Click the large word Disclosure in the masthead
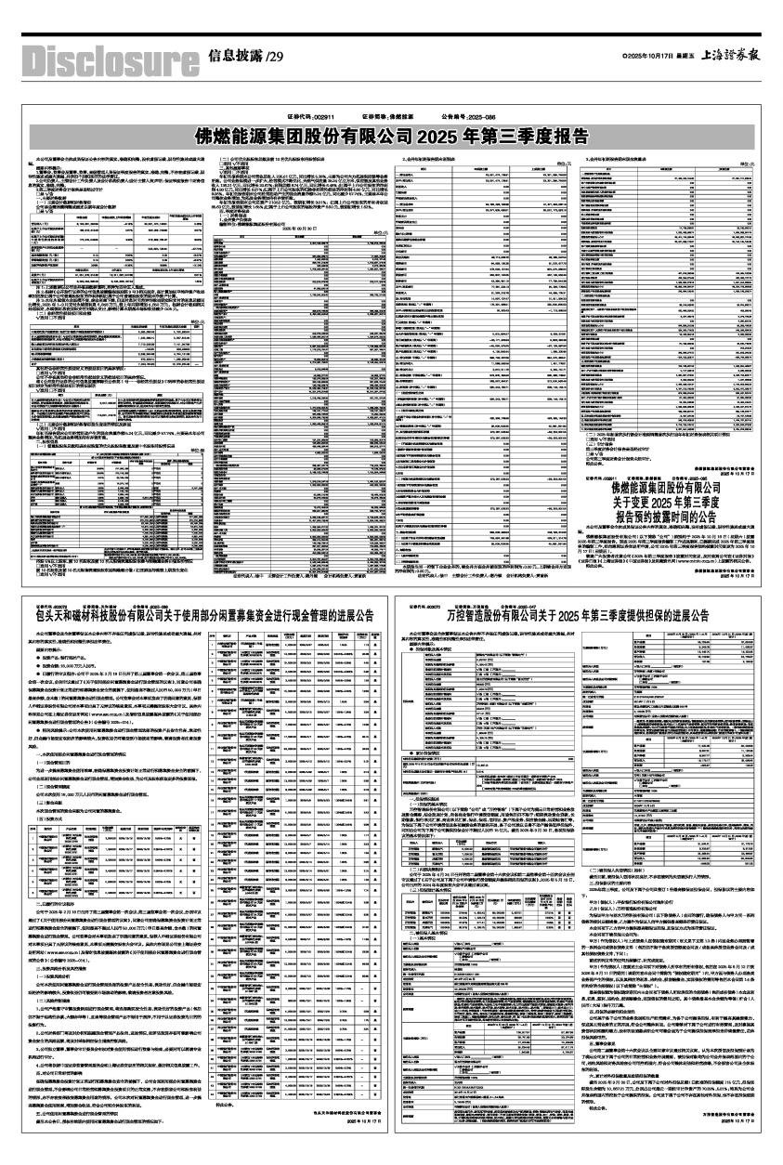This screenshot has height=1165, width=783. tap(100, 59)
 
